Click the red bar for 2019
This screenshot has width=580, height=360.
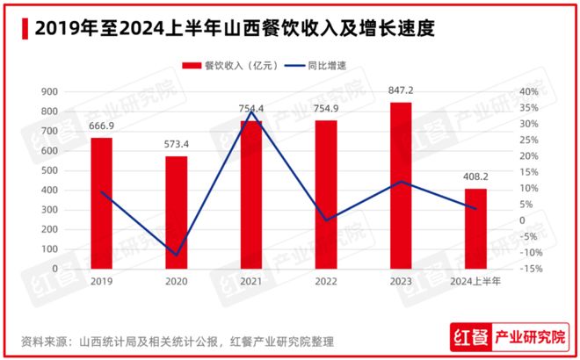[x=101, y=204]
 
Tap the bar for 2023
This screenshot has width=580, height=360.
[x=401, y=186]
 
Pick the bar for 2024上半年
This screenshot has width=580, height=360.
[x=475, y=229]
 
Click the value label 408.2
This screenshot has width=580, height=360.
[x=475, y=178]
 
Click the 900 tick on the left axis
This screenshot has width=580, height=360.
[x=50, y=92]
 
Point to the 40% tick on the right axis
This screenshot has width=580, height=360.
[x=529, y=92]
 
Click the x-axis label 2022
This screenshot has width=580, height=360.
[x=326, y=281]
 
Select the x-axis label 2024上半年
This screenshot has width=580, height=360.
[x=475, y=281]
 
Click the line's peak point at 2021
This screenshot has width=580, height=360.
[x=251, y=112]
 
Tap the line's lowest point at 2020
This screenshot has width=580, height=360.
[x=177, y=256]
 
